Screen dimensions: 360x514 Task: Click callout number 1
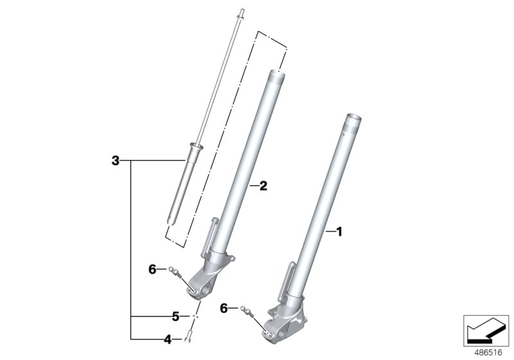340,231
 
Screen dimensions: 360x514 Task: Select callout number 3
115,160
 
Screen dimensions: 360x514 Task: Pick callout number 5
174,316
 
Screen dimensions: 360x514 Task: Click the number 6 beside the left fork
152,269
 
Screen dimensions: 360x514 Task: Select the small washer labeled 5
195,316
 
